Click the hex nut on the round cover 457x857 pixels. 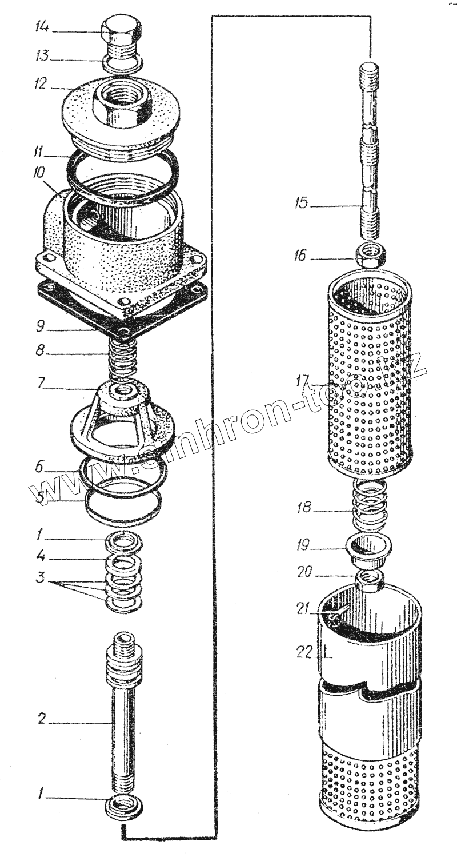(x=123, y=106)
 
